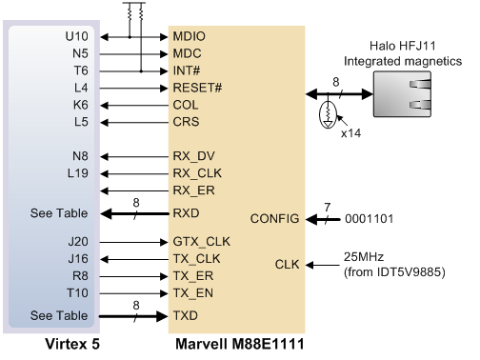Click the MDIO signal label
point(189,36)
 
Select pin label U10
point(76,36)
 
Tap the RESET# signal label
point(197,88)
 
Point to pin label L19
point(78,173)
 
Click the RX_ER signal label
point(193,190)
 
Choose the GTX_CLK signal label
point(201,242)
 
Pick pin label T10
point(77,293)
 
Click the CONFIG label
point(274,219)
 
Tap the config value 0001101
point(369,219)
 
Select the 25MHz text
point(364,257)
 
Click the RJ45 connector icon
point(402,94)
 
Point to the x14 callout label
point(351,133)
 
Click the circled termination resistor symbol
point(328,114)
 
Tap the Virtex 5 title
point(72,344)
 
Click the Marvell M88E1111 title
point(240,344)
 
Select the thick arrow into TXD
point(133,316)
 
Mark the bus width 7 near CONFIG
point(328,208)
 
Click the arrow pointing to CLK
point(323,265)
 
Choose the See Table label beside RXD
point(59,213)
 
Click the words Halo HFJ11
point(403,46)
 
